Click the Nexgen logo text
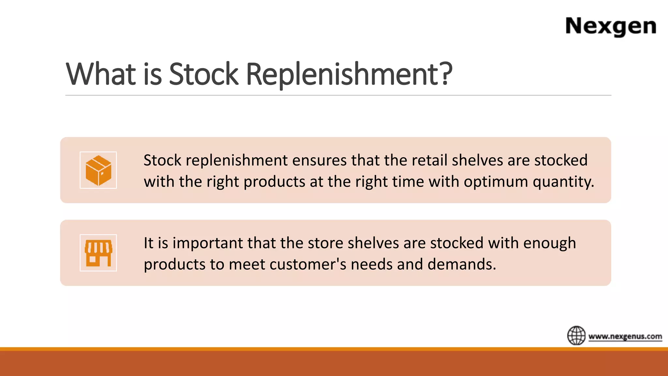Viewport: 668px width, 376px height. coord(611,26)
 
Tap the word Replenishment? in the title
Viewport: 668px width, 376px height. coord(349,74)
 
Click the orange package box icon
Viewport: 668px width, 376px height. coord(98,170)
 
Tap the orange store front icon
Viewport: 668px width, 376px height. coord(98,253)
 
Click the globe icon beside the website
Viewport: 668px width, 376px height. coord(576,335)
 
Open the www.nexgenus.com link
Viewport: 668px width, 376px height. coord(625,336)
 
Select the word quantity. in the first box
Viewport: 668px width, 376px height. coord(563,182)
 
